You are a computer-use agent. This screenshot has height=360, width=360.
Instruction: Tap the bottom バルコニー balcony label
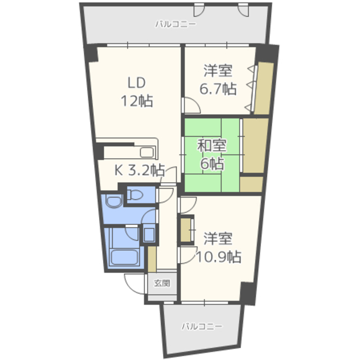(201, 326)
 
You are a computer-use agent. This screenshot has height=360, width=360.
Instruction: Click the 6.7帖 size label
(218, 88)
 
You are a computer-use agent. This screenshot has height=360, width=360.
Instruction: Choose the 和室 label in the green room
(211, 145)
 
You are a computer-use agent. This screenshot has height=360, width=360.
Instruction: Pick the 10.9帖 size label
(218, 256)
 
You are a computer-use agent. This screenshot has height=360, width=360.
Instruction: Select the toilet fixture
(136, 196)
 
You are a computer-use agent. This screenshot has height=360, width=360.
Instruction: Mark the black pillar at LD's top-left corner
(91, 55)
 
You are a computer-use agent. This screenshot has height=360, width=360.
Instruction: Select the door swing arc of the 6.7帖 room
(190, 105)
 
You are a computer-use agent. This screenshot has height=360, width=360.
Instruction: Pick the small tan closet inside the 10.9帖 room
(184, 230)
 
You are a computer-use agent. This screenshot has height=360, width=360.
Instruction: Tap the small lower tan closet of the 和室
(253, 184)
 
